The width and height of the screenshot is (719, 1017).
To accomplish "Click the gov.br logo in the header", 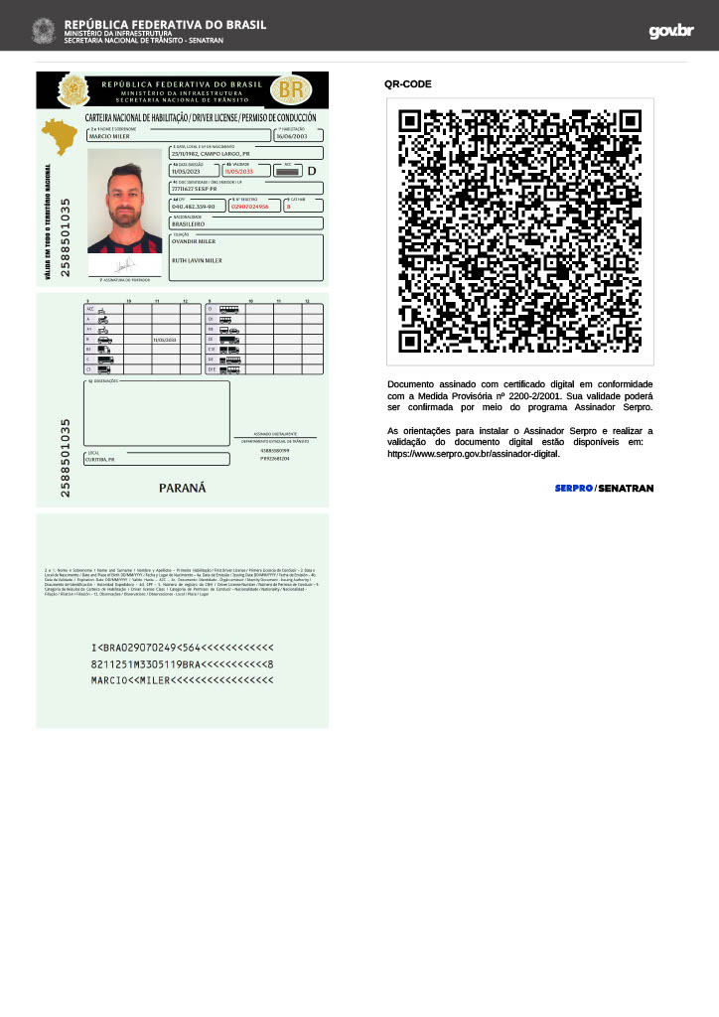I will (x=671, y=31).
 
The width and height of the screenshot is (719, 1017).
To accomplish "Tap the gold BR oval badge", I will (x=291, y=90).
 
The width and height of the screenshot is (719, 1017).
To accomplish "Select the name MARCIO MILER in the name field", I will (x=110, y=137).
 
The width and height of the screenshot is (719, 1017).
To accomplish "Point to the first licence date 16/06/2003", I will (x=293, y=137).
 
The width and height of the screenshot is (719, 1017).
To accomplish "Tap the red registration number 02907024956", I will (x=249, y=207).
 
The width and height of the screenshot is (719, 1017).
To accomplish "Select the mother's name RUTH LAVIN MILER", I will (x=197, y=260).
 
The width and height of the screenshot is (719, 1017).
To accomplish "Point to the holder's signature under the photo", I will (x=125, y=266).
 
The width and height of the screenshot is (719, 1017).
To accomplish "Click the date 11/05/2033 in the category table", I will (x=164, y=340).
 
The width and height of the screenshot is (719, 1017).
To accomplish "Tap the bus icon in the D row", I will (x=229, y=309).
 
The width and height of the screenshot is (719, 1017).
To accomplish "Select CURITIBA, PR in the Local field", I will (x=100, y=460).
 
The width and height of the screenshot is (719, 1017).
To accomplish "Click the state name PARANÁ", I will (x=182, y=488).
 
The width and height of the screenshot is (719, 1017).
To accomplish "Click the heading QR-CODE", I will (x=408, y=84).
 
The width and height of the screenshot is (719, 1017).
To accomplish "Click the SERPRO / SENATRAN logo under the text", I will (x=604, y=488).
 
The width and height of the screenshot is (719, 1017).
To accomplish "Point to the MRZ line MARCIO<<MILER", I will (x=182, y=680).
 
